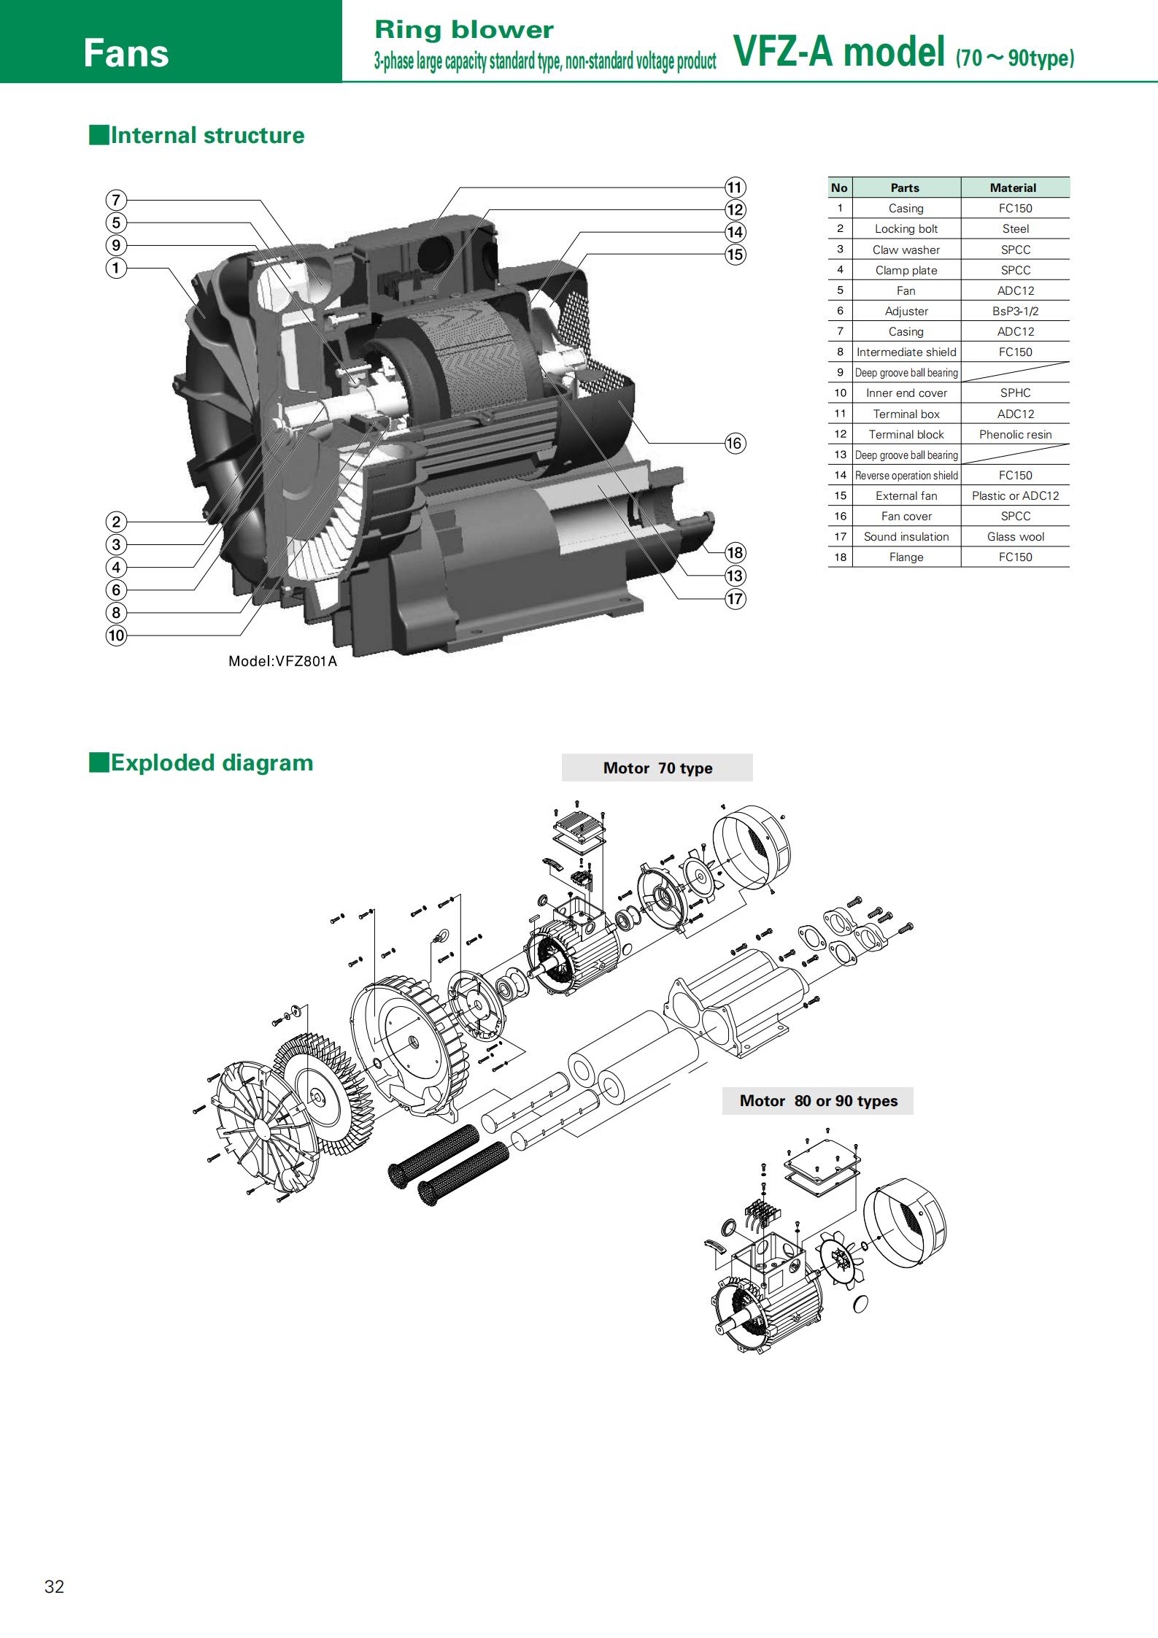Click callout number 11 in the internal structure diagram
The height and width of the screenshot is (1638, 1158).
point(735,187)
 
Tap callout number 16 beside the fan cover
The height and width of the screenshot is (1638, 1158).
point(735,443)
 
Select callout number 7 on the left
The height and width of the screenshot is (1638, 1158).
point(116,200)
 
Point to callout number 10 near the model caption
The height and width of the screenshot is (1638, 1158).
point(116,636)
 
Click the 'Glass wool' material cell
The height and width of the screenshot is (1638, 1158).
point(1015,536)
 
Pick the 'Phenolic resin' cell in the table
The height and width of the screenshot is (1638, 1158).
point(1015,434)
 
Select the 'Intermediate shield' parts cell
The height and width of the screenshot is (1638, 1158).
point(906,352)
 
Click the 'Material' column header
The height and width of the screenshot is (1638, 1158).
point(1013,188)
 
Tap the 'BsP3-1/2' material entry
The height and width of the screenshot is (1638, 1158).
point(1015,311)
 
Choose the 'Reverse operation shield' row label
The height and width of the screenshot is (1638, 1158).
point(906,475)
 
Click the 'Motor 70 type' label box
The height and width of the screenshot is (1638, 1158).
point(657,768)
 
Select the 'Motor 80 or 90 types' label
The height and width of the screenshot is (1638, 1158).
point(818,1100)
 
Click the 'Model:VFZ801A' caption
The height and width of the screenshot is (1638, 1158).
point(282,662)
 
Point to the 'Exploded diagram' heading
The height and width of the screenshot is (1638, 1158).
point(212,762)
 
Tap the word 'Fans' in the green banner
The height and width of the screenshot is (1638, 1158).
point(126,53)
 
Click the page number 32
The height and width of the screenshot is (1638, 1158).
point(55,1586)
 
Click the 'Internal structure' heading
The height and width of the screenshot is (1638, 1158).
point(207,135)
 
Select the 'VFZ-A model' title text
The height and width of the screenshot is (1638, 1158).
point(840,51)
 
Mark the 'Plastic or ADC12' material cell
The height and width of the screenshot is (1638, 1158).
point(1015,495)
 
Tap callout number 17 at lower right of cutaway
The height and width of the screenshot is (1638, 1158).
point(735,599)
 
